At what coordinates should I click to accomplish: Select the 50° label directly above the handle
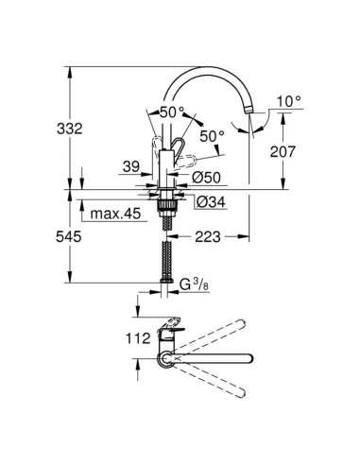click(x=173, y=111)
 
